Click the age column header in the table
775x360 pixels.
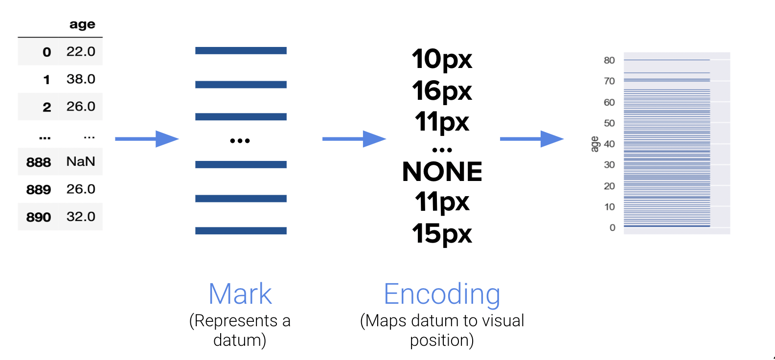click(82, 24)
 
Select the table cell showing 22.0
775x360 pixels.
click(81, 51)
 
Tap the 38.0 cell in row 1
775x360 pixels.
click(81, 79)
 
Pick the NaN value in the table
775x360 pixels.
click(81, 161)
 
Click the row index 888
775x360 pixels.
click(39, 162)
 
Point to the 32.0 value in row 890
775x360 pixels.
click(81, 217)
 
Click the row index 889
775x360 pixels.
click(39, 189)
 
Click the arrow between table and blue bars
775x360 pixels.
click(147, 139)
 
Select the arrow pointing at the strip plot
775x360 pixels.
click(531, 139)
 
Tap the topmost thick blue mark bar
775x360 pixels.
click(241, 50)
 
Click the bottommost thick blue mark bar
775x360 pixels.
click(241, 230)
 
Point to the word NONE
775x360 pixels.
click(442, 172)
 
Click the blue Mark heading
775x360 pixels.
click(240, 294)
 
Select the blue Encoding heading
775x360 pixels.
click(442, 294)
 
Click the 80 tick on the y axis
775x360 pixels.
click(609, 60)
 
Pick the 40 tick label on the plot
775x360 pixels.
click(609, 144)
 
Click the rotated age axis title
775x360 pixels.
click(594, 144)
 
